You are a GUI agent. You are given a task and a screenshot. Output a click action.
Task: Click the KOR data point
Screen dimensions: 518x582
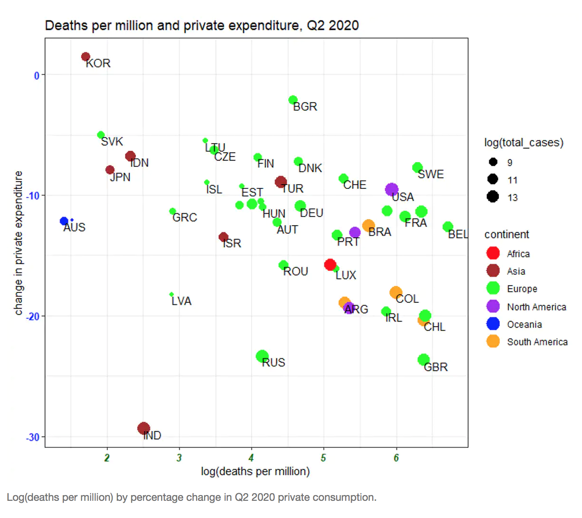(x=86, y=57)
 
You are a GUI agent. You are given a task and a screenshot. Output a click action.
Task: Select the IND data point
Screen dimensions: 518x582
(x=144, y=428)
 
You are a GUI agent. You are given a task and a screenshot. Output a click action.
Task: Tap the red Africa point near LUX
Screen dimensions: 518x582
(x=330, y=264)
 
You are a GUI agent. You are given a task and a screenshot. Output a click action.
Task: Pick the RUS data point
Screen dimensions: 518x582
(x=262, y=356)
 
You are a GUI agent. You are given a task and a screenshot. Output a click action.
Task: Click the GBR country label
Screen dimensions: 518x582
(x=436, y=367)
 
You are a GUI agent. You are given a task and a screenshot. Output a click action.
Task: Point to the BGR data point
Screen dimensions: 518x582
(x=293, y=100)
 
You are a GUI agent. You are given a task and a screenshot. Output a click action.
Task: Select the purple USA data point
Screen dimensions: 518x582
(x=392, y=189)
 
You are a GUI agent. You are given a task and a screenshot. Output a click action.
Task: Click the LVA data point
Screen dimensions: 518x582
(x=172, y=294)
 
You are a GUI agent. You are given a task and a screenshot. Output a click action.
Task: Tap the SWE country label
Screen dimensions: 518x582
(x=431, y=175)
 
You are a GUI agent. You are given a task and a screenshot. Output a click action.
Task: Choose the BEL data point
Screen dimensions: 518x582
(x=447, y=227)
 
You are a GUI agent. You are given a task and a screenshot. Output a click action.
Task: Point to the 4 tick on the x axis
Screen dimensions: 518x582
(x=251, y=458)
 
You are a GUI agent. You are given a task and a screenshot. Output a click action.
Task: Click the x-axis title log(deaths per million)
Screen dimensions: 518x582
(x=255, y=472)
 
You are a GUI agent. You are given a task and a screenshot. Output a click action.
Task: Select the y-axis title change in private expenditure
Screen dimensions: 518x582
(x=19, y=243)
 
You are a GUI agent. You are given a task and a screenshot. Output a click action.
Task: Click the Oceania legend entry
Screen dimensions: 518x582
(x=524, y=324)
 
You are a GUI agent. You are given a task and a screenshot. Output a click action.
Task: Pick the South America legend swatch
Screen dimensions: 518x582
(x=493, y=342)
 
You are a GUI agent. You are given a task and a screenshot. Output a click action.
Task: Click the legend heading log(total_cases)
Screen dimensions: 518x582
(x=524, y=143)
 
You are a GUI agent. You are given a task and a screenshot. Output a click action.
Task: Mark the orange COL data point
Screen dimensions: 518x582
(x=395, y=292)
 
